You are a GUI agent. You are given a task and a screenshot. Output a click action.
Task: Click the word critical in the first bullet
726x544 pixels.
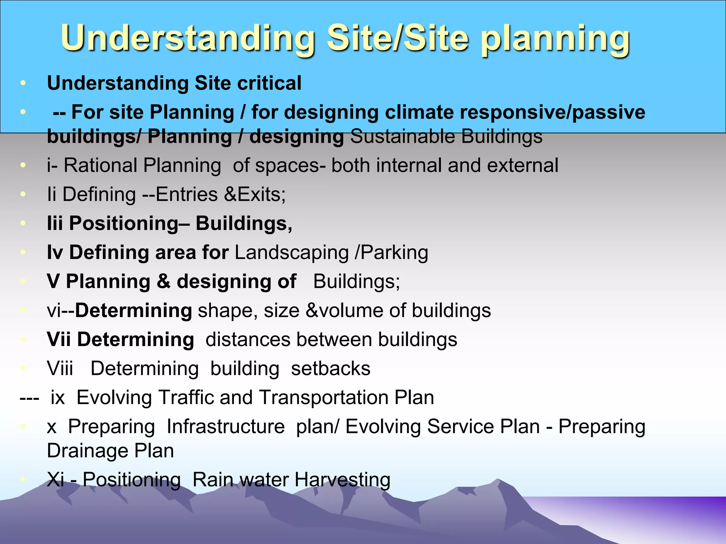click(x=269, y=83)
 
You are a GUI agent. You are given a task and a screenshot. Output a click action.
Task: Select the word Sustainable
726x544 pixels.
click(x=403, y=136)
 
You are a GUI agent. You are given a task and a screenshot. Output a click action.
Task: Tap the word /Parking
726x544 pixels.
click(x=392, y=253)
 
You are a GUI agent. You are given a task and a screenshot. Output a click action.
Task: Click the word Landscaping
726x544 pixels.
click(x=292, y=253)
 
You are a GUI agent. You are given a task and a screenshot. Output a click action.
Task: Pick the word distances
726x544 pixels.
click(x=248, y=339)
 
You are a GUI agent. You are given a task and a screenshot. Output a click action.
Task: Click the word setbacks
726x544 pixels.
click(x=330, y=368)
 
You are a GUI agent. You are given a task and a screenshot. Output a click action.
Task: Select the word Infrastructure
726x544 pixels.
click(x=225, y=426)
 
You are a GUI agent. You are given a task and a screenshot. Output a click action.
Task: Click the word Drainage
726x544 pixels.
click(x=87, y=451)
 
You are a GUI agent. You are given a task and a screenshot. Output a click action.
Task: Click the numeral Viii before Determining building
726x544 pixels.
click(x=60, y=368)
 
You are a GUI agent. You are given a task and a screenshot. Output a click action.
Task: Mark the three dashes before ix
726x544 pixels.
click(x=29, y=398)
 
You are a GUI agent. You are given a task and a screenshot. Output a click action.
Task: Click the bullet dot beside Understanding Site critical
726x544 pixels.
click(x=23, y=83)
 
